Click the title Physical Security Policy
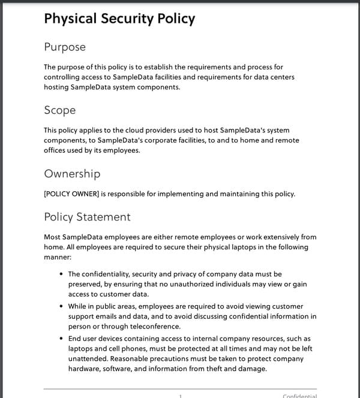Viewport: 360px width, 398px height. click(x=119, y=19)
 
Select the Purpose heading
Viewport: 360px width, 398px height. click(x=65, y=47)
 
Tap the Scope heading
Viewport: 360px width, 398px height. click(x=60, y=110)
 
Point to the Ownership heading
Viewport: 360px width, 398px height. click(x=72, y=174)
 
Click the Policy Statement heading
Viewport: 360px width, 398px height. click(x=87, y=216)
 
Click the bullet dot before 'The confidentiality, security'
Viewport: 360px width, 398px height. click(x=62, y=274)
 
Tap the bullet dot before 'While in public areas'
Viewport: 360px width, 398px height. click(x=62, y=306)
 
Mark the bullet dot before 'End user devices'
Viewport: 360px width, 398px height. click(x=62, y=339)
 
